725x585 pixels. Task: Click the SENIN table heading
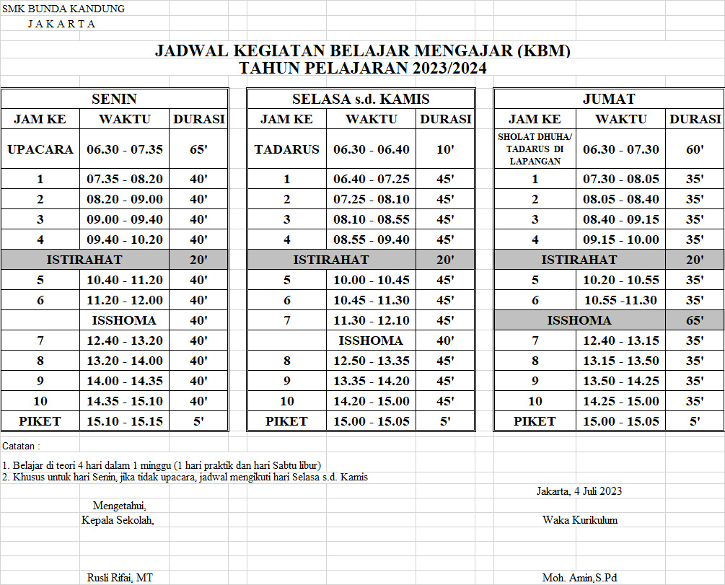coord(114,99)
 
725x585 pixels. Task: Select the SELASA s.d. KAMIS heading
coord(361,99)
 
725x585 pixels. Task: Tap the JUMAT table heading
coord(608,99)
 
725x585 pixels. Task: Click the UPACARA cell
coord(40,150)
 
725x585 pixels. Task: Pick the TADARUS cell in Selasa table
coord(286,150)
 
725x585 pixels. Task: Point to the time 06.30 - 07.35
coord(125,150)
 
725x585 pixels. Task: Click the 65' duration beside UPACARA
coord(198,150)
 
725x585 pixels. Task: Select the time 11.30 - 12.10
coord(372,320)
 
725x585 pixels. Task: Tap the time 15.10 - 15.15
coord(125,421)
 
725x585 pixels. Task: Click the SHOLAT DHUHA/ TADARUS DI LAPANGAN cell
coord(535,149)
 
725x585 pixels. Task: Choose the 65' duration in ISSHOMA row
coord(695,320)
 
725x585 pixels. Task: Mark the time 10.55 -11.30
coord(620,300)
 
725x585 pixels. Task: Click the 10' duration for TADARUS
coord(446,150)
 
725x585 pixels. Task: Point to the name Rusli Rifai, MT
coord(120,577)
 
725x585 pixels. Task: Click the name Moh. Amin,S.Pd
coord(579,577)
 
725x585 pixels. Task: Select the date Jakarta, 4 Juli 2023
coord(579,491)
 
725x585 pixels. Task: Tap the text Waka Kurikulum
coord(579,519)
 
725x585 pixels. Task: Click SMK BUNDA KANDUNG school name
coord(63,9)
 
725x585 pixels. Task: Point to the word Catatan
coord(21,446)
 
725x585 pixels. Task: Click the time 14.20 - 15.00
coord(372,401)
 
